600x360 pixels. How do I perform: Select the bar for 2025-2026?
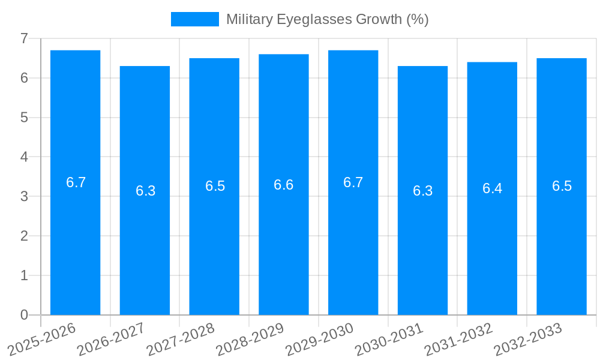click(x=75, y=240)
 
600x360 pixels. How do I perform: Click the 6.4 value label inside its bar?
click(x=492, y=188)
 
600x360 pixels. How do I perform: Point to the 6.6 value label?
click(x=284, y=185)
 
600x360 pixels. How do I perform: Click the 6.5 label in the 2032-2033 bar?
click(x=562, y=186)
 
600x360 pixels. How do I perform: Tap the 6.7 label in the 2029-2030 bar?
click(x=353, y=182)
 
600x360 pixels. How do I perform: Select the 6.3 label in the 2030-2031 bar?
click(x=422, y=191)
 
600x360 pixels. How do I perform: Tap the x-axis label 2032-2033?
click(x=529, y=339)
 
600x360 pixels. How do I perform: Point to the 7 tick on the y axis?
click(x=24, y=38)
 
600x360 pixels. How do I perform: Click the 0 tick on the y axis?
click(x=24, y=315)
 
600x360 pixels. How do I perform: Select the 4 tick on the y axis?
click(x=24, y=157)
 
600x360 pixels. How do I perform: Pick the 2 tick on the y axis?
click(x=24, y=236)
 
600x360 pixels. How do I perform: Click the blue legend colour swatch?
click(x=195, y=19)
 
